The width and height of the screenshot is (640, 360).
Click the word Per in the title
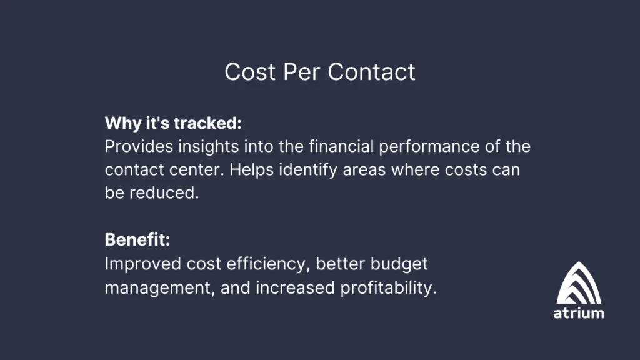(x=302, y=72)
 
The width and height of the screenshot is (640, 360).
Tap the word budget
(x=399, y=264)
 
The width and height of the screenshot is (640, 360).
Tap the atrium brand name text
(x=579, y=314)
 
